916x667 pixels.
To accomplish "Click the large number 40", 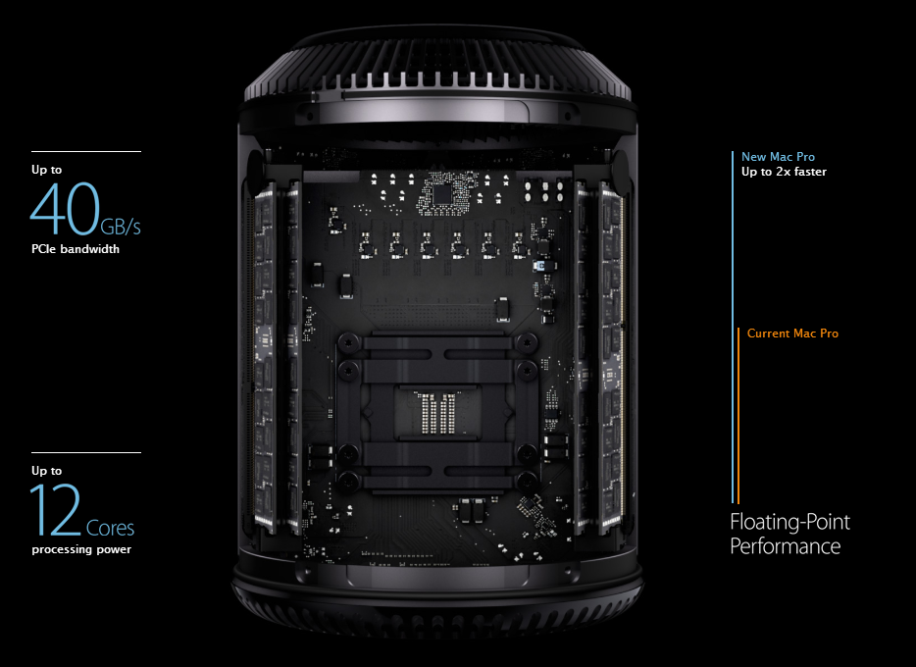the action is coord(65,208).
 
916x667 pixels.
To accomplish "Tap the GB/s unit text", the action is coord(121,226).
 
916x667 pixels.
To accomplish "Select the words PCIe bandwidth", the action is coord(76,249).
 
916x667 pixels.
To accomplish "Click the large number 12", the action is coord(56,509).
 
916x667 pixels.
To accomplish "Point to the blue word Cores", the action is coord(111,528).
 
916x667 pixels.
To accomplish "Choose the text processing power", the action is coord(81,549).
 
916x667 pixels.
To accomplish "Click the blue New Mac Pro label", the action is coord(778,157).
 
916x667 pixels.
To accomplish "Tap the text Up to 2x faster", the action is coord(784,172).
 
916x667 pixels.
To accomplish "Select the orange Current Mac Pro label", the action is coord(792,333).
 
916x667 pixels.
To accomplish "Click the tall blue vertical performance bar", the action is coord(733,327).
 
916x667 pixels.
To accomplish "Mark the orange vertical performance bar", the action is coord(738,415).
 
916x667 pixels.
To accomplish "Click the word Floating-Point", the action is coord(790,522).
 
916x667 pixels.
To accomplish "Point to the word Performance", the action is coord(786,546).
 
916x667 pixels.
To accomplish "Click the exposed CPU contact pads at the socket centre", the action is coord(438,413).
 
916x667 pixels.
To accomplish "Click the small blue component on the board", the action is coord(539,266).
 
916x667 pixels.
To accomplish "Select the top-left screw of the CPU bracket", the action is coord(348,341).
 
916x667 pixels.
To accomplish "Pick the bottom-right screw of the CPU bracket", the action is coord(528,480).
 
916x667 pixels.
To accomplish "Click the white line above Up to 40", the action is coord(86,151).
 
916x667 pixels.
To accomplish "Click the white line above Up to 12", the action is coord(86,452).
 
